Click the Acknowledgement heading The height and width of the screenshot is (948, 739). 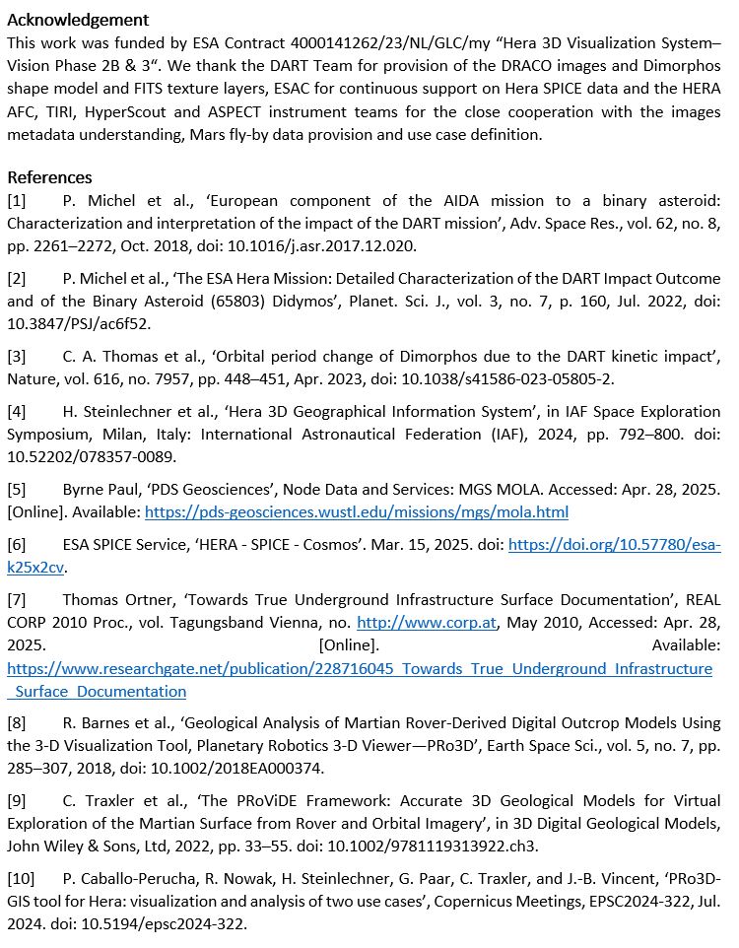pyautogui.click(x=78, y=20)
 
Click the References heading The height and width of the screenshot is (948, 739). pyautogui.click(x=49, y=177)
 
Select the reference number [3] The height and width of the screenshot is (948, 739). pyautogui.click(x=17, y=355)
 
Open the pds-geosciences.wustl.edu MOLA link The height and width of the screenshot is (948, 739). pyautogui.click(x=356, y=511)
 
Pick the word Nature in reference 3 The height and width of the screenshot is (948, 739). pyautogui.click(x=31, y=377)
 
